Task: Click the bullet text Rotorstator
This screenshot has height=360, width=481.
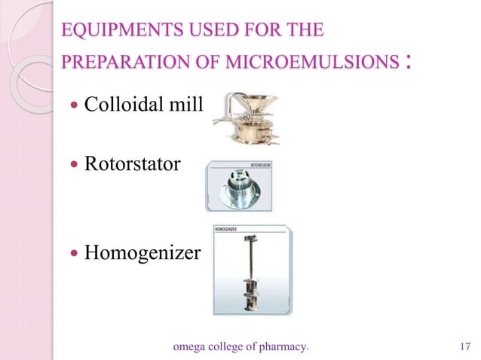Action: coord(132,163)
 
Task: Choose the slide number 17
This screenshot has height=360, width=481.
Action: coord(464,347)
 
